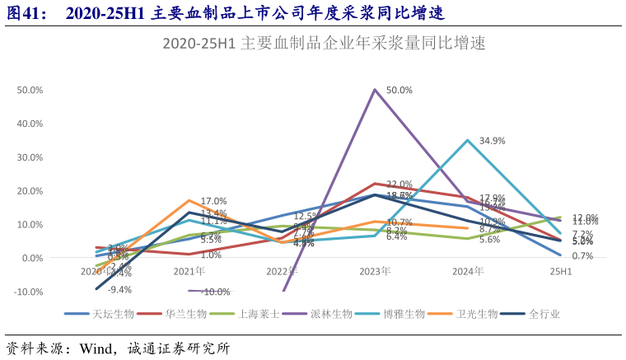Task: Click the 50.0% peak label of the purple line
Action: click(x=399, y=90)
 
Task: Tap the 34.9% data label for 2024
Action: click(x=492, y=141)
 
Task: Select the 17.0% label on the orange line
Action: click(x=213, y=201)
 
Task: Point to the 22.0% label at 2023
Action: click(x=399, y=185)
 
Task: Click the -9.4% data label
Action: click(x=120, y=289)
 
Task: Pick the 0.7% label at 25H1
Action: click(x=582, y=256)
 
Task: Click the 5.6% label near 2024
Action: click(x=489, y=240)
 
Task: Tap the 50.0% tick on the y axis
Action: click(x=30, y=90)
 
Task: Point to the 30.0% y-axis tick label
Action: click(x=30, y=157)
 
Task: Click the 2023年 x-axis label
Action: click(x=375, y=271)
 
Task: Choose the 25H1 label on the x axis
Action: click(x=561, y=271)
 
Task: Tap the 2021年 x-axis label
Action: click(x=189, y=271)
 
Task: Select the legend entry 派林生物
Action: click(x=332, y=314)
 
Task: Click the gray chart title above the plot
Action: click(x=324, y=44)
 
